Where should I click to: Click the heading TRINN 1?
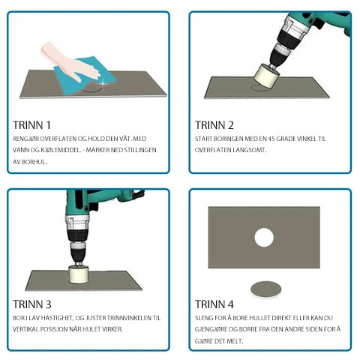[31, 125]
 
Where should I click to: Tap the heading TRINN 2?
[214, 125]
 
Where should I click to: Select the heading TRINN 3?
[32, 304]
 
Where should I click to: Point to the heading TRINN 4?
[214, 304]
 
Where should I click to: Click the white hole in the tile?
[264, 238]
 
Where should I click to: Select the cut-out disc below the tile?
[266, 289]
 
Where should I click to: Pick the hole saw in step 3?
[79, 274]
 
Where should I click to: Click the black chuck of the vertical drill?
[78, 251]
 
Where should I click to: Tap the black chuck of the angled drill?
[280, 55]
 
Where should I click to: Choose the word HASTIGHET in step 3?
[56, 318]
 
